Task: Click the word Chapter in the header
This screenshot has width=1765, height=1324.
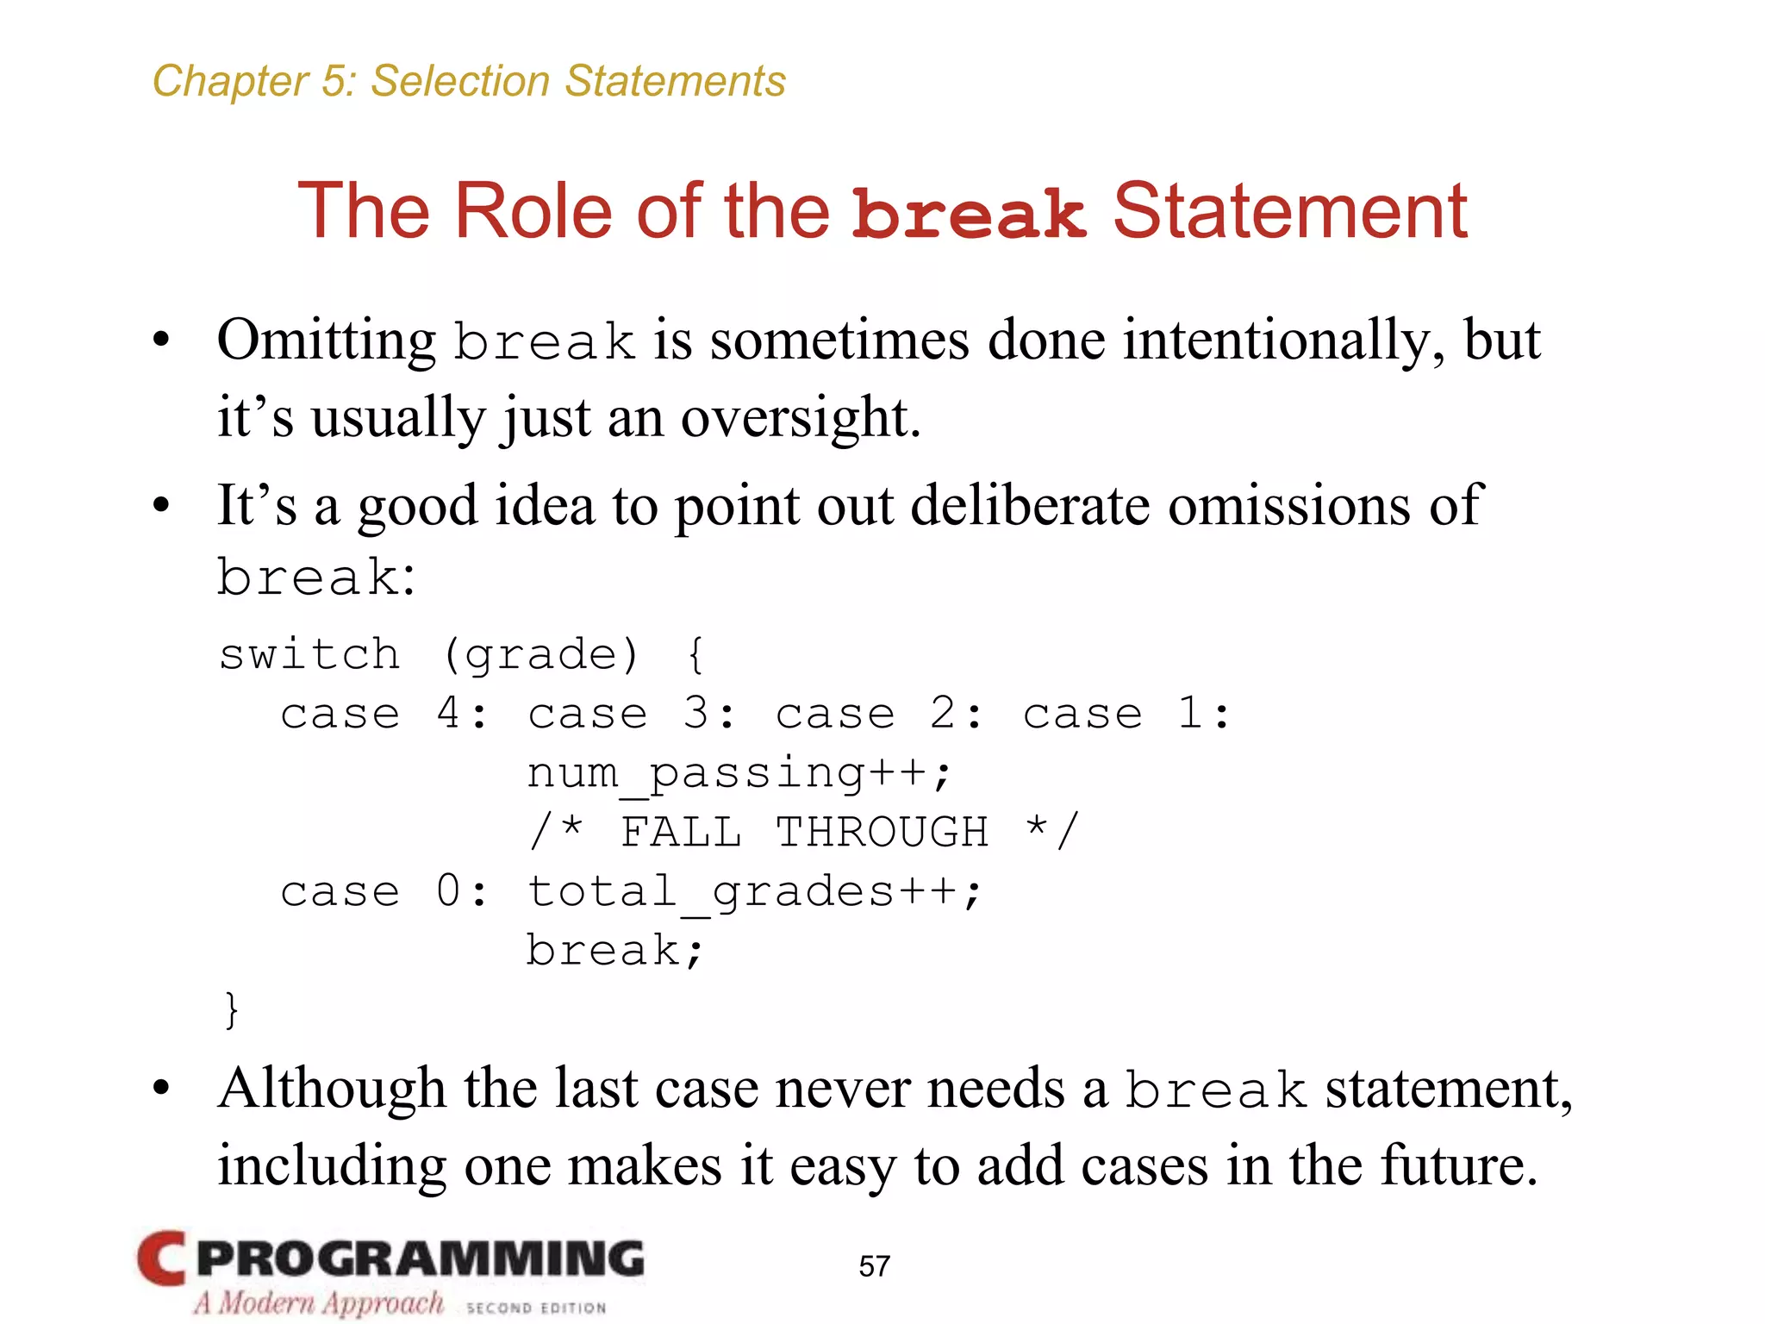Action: [x=229, y=82]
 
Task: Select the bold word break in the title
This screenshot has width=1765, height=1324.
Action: [x=968, y=213]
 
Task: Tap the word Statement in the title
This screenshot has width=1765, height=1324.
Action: [x=1289, y=211]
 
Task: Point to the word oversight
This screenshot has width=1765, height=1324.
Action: [x=800, y=418]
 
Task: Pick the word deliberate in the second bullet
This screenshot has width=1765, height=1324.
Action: [x=1030, y=505]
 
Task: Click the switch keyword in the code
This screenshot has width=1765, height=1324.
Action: [x=309, y=654]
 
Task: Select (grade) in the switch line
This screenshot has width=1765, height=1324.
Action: [x=540, y=655]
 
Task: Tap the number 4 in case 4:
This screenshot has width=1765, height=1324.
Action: [x=448, y=714]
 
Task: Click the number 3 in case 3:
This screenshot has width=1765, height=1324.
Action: [x=696, y=714]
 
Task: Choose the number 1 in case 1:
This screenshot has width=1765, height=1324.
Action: [x=1190, y=714]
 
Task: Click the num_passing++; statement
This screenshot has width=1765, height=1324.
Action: [x=739, y=773]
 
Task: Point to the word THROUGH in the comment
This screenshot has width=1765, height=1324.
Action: [x=882, y=833]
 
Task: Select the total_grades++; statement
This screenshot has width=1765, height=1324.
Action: [x=754, y=892]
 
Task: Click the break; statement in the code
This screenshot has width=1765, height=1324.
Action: [x=614, y=952]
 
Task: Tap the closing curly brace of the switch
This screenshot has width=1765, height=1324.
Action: [x=230, y=1009]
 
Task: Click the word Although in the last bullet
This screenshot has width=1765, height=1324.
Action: [x=332, y=1089]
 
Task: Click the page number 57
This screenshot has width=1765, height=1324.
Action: [x=874, y=1266]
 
